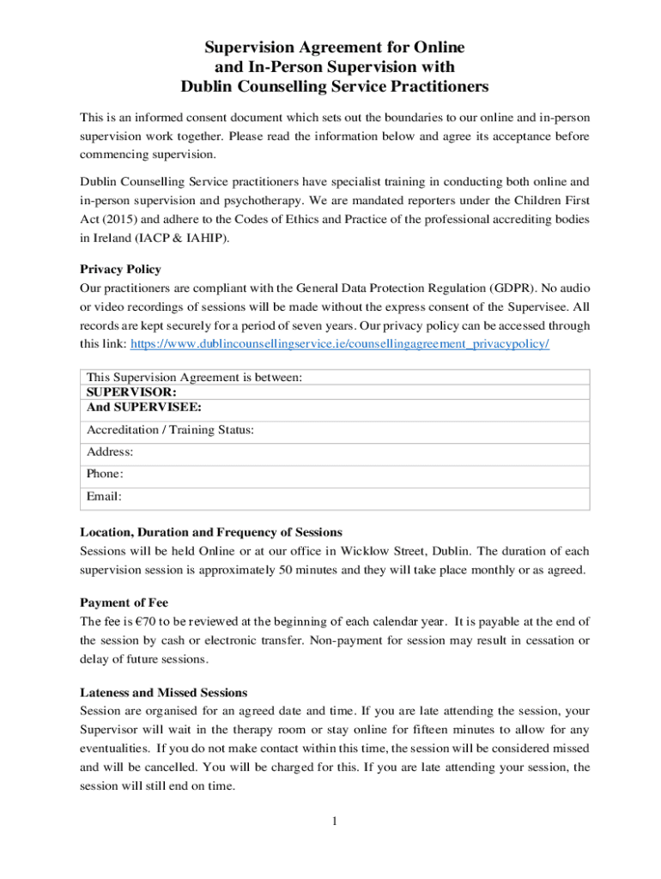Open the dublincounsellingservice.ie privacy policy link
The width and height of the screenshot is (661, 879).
point(339,343)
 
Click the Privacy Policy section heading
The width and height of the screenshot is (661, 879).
point(120,269)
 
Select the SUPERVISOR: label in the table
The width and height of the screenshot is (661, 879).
point(120,391)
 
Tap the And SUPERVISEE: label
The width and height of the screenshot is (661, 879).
point(138,407)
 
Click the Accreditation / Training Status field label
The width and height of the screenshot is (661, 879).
point(170,430)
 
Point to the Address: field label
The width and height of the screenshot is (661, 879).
point(110,452)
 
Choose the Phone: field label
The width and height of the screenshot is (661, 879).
point(106,474)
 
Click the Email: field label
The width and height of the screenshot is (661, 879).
point(104,496)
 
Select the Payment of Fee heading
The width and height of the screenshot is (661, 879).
point(124,602)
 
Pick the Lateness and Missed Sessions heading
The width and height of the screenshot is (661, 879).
point(164,692)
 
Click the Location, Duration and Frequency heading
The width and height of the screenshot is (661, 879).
point(210,532)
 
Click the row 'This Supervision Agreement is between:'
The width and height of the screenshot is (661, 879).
point(194,377)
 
